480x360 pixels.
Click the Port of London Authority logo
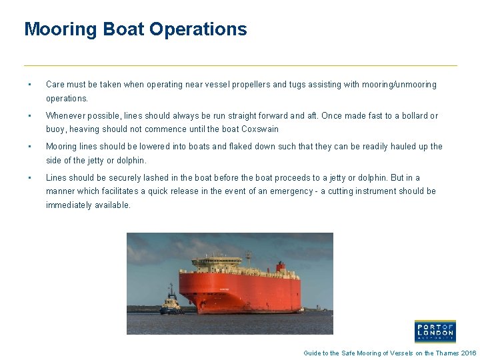click(435, 331)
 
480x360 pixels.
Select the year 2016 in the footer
click(469, 353)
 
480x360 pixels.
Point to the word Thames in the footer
click(446, 353)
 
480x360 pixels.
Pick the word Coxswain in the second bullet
click(260, 129)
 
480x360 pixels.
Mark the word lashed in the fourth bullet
click(152, 178)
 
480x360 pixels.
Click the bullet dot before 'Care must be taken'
click(29, 85)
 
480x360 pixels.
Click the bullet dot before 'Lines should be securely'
click(29, 178)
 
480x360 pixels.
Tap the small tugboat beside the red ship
click(171, 303)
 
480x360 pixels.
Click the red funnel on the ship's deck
click(281, 268)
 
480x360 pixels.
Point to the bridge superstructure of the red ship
click(216, 261)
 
